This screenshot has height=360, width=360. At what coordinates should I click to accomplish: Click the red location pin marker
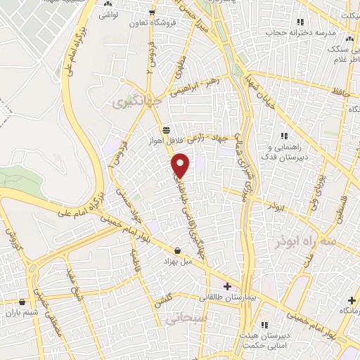pyautogui.click(x=181, y=165)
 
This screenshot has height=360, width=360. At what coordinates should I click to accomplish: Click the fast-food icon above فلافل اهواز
pyautogui.click(x=166, y=129)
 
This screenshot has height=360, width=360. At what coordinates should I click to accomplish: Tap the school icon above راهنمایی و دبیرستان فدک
pyautogui.click(x=284, y=135)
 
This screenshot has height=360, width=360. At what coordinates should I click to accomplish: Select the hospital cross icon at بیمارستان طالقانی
pyautogui.click(x=226, y=285)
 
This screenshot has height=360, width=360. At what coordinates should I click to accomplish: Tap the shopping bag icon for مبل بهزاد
pyautogui.click(x=176, y=250)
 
